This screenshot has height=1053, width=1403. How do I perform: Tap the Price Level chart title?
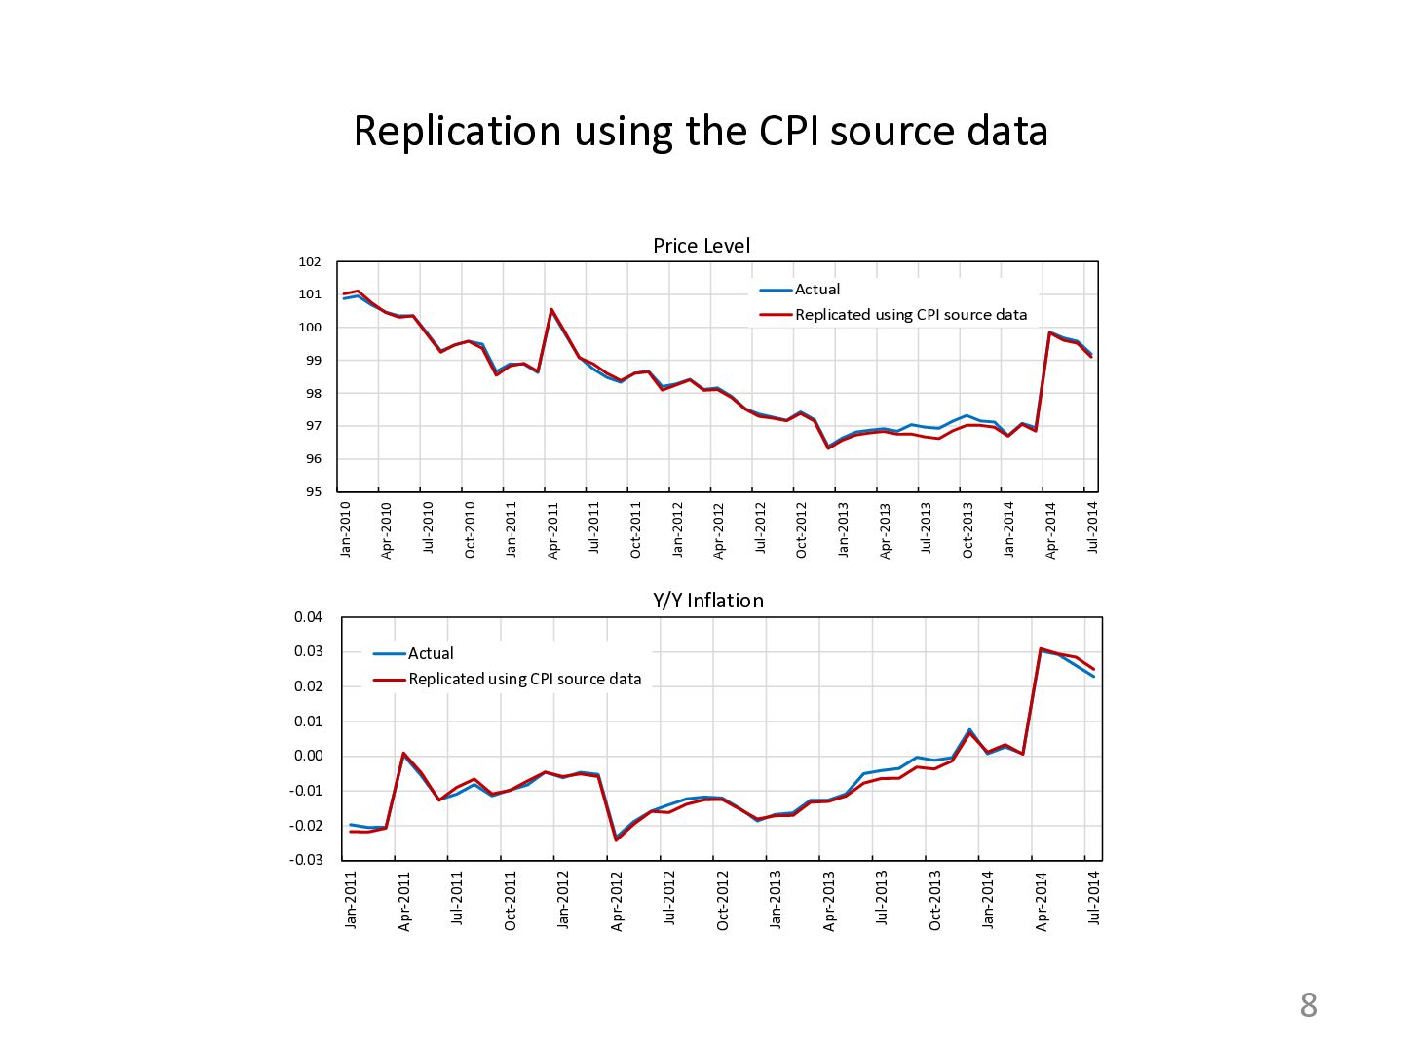tap(701, 246)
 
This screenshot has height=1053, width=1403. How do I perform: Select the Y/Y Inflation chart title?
tap(708, 601)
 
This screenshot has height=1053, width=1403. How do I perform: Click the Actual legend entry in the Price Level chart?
tap(816, 290)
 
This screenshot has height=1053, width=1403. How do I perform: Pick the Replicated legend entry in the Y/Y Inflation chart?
tap(524, 680)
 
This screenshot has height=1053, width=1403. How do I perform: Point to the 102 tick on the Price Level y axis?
tap(310, 262)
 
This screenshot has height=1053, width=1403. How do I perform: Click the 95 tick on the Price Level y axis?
tap(312, 492)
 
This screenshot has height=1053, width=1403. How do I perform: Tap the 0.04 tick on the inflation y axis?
tap(308, 617)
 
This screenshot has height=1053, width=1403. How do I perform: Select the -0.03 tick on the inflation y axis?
tap(306, 860)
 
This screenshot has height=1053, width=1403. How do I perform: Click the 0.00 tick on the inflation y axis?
tap(308, 756)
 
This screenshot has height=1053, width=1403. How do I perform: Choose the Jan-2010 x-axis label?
tap(346, 528)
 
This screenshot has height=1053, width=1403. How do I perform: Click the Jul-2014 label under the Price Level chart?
tap(1092, 527)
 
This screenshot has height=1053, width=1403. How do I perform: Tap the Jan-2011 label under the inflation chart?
tap(352, 899)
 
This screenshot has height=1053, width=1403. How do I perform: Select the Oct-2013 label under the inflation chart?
tap(935, 900)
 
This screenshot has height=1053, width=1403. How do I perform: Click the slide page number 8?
tap(1308, 1005)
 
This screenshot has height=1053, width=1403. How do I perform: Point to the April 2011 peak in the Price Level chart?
tap(551, 310)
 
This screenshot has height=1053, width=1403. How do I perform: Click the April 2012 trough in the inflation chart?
tap(616, 839)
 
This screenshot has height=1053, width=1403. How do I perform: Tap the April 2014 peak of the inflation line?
tap(1041, 648)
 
